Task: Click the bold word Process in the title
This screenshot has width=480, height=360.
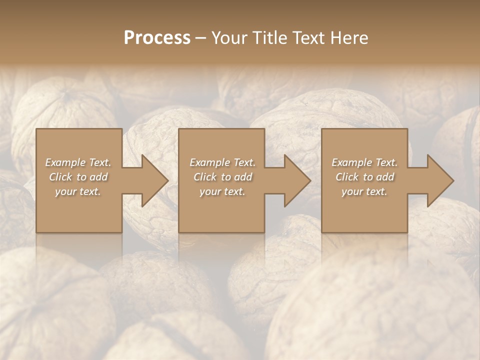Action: (x=157, y=38)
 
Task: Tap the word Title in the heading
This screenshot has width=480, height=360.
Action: (x=270, y=38)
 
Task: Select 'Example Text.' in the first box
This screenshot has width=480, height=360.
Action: (x=78, y=162)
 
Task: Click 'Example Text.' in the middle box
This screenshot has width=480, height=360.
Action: (x=222, y=162)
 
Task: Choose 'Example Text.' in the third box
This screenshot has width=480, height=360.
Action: (x=364, y=162)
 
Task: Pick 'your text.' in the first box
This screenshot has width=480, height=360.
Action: (x=78, y=191)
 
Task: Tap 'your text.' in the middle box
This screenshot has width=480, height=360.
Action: (x=222, y=191)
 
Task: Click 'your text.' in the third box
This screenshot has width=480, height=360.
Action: (x=364, y=191)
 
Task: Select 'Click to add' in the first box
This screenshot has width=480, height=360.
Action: (x=78, y=177)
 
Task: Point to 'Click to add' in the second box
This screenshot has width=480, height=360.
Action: (x=222, y=177)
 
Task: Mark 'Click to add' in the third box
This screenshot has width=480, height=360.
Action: (x=364, y=177)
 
